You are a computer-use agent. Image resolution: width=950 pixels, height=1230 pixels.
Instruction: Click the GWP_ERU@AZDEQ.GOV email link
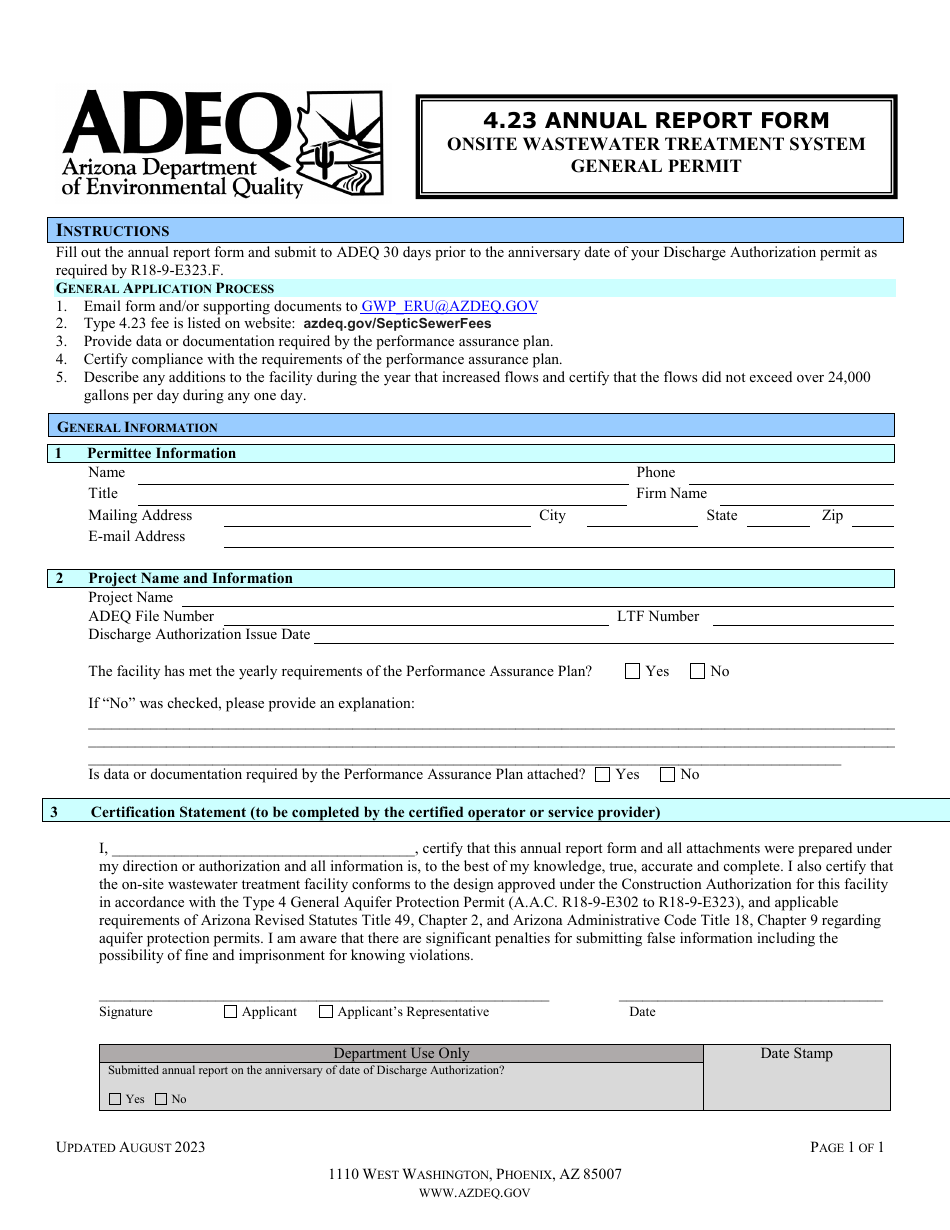click(x=451, y=307)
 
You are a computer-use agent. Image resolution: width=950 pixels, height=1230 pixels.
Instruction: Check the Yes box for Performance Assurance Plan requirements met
click(x=632, y=672)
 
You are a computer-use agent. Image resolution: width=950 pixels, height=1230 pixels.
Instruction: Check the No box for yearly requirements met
click(x=698, y=672)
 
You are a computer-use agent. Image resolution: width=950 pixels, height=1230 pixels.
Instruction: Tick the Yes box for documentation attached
click(x=602, y=775)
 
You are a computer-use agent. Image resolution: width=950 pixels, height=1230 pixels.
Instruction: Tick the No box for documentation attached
click(x=667, y=775)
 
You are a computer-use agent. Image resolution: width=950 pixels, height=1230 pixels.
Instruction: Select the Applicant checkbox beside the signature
click(x=231, y=1012)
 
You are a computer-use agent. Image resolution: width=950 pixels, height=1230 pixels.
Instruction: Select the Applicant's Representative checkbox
click(x=326, y=1012)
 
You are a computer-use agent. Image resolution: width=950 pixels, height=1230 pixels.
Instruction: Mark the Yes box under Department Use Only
click(x=115, y=1099)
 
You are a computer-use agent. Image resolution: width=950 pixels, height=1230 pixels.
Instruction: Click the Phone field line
click(x=790, y=480)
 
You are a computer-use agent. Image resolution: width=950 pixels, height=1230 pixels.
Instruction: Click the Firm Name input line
click(x=806, y=501)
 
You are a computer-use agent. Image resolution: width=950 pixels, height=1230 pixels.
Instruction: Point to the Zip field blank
click(x=872, y=523)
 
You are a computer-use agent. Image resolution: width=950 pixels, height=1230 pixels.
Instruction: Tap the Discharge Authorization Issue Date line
click(x=602, y=641)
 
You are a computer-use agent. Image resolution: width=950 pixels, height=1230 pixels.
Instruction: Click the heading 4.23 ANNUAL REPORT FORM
click(x=656, y=121)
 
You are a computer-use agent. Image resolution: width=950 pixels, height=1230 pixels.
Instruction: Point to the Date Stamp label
click(x=796, y=1053)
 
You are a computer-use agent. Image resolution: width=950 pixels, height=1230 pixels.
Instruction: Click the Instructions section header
click(x=113, y=231)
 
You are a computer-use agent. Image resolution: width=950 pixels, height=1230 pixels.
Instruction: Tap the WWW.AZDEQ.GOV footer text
click(x=475, y=1193)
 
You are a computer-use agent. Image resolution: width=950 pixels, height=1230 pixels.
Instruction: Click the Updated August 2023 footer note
click(x=130, y=1147)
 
